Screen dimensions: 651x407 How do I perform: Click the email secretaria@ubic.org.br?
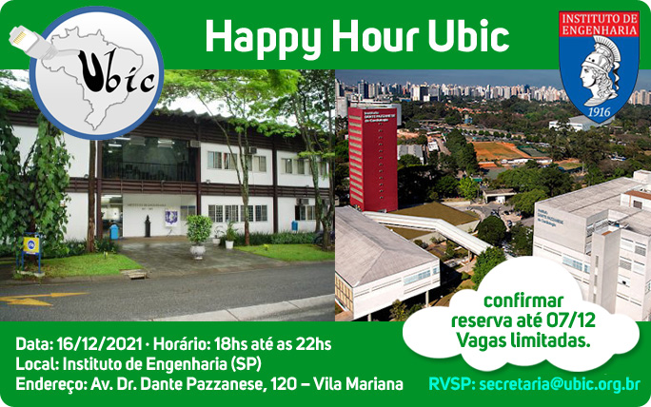point(560,384)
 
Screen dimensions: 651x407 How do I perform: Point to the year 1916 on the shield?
point(599,112)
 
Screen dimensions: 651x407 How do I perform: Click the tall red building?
point(373,159)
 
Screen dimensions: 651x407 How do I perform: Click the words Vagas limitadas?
point(523,340)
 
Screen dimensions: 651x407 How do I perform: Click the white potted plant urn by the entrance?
point(198,251)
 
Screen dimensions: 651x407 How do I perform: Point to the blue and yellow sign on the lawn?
point(31,245)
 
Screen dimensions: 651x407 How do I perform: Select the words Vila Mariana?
point(358,384)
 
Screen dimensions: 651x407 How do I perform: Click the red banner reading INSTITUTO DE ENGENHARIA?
point(599,24)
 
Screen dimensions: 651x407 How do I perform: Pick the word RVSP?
point(452,384)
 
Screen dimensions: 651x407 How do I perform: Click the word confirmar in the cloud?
point(523,300)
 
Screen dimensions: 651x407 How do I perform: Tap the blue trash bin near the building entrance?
point(114,231)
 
